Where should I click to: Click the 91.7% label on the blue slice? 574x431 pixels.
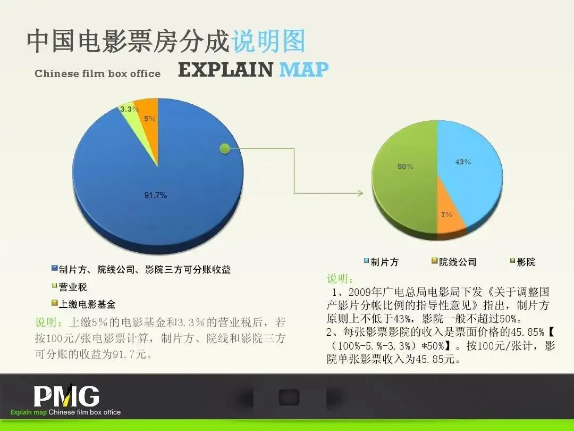point(156,195)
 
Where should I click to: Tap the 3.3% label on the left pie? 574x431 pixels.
point(129,109)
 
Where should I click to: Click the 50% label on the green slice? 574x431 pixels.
point(405,167)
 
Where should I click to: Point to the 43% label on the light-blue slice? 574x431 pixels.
point(463,162)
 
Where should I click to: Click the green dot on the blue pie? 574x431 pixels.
point(225,148)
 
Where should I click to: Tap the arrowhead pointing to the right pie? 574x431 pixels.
point(360,193)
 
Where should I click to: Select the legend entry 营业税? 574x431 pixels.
point(70,287)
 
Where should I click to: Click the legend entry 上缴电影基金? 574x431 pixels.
point(84,304)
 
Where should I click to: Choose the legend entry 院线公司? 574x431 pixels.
point(454,262)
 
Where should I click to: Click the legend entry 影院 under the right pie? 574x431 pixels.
point(523,262)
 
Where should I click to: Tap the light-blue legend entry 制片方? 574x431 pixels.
point(381,262)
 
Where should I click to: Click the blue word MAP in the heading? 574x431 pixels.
point(303,70)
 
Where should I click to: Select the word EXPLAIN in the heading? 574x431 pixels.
point(225,70)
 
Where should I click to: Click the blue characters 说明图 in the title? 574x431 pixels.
point(268,41)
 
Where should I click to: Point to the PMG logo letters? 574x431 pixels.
point(66,396)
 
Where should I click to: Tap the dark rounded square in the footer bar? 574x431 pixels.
point(289,397)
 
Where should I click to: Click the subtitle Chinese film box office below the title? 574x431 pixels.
point(97,73)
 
